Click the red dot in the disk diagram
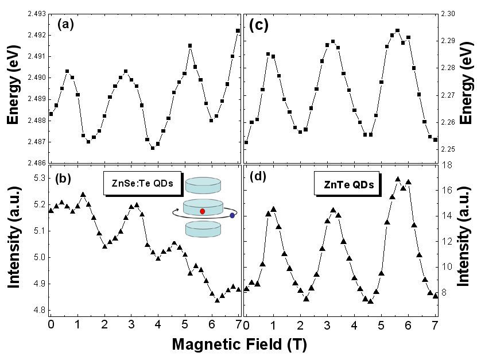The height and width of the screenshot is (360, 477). tap(203, 211)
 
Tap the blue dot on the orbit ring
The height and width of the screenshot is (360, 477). tap(232, 216)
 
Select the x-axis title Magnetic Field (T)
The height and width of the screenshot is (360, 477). tap(238, 344)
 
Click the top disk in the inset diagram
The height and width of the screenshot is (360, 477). tap(203, 185)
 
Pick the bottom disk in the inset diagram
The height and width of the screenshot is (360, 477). tap(203, 229)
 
